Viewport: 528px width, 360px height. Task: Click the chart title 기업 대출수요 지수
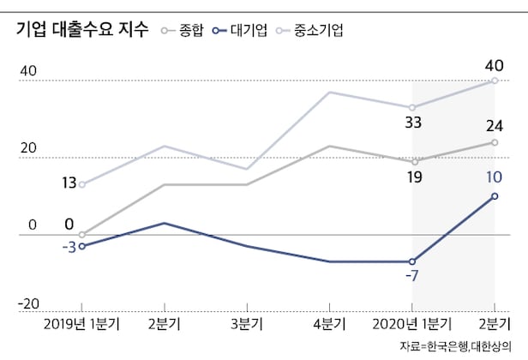point(75,29)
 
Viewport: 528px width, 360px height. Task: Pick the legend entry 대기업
point(252,31)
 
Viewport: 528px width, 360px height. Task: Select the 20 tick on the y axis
point(28,147)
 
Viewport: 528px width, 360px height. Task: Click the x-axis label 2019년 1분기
point(82,324)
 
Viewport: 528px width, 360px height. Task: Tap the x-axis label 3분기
point(247,324)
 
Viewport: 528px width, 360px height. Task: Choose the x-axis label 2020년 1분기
point(411,324)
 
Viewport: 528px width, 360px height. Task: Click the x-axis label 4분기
point(329,324)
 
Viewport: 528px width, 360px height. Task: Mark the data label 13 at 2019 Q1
point(70,182)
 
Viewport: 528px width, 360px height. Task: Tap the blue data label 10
point(495,177)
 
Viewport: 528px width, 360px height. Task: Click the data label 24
point(495,126)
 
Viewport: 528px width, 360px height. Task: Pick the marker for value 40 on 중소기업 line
point(495,81)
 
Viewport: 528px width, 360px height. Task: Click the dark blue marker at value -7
point(412,261)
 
